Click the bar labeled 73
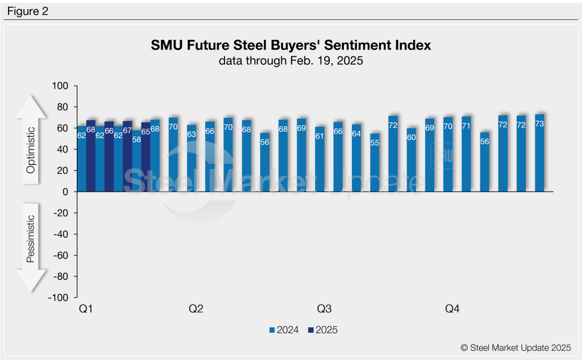[539, 154]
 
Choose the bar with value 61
[319, 160]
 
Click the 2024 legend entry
[284, 330]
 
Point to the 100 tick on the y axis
[60, 86]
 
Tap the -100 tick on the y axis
[58, 298]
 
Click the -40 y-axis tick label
[60, 234]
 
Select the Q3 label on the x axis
[324, 309]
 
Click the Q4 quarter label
[452, 309]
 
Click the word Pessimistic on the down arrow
[32, 238]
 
